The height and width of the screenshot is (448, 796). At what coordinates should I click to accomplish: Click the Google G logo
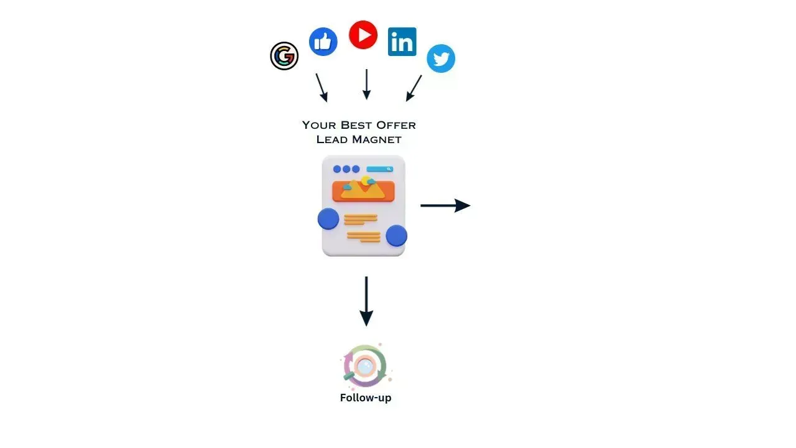pyautogui.click(x=284, y=56)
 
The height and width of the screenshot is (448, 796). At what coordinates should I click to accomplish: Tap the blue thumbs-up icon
pyautogui.click(x=323, y=42)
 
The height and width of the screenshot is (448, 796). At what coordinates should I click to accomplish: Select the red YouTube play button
pyautogui.click(x=363, y=35)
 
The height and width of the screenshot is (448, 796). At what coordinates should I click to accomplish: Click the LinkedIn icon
pyautogui.click(x=402, y=42)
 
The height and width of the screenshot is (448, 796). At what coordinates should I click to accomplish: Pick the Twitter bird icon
pyautogui.click(x=441, y=58)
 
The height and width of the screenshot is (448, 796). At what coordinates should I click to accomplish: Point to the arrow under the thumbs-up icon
pyautogui.click(x=322, y=88)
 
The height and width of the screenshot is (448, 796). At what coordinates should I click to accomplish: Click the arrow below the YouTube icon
pyautogui.click(x=366, y=84)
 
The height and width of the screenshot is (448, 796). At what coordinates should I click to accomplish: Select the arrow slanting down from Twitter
pyautogui.click(x=414, y=88)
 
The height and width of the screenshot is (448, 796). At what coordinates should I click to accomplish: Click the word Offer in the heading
pyautogui.click(x=396, y=125)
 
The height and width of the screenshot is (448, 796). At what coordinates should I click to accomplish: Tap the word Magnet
pyautogui.click(x=377, y=140)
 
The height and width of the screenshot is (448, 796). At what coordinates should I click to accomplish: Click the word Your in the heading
pyautogui.click(x=319, y=125)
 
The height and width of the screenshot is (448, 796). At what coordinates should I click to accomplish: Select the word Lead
pyautogui.click(x=332, y=140)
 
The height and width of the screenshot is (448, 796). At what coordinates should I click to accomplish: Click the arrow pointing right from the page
pyautogui.click(x=445, y=205)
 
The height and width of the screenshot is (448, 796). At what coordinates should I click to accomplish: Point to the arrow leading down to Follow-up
pyautogui.click(x=366, y=301)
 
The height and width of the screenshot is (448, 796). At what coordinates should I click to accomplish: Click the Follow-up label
pyautogui.click(x=366, y=398)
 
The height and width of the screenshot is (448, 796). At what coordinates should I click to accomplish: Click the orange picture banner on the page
pyautogui.click(x=363, y=190)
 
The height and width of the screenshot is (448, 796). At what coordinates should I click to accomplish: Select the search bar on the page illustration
pyautogui.click(x=379, y=169)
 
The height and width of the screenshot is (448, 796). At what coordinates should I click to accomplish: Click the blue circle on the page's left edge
pyautogui.click(x=328, y=218)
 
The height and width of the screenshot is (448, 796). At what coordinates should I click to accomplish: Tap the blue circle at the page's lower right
pyautogui.click(x=396, y=235)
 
